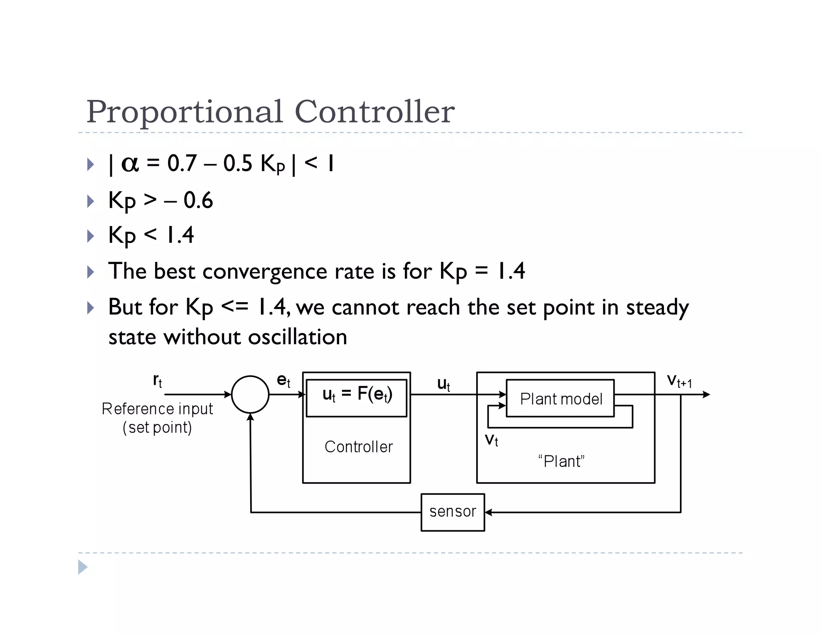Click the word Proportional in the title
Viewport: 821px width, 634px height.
(x=185, y=112)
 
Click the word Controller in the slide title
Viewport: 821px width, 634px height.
(x=374, y=111)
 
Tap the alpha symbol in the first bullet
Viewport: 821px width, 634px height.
(x=130, y=164)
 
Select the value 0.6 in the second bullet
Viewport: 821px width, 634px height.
(x=198, y=200)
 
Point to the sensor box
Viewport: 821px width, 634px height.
(x=453, y=512)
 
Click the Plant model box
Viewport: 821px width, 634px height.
(x=560, y=398)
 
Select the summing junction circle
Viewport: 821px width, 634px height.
(x=250, y=394)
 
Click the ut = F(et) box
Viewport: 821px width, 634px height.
(x=356, y=398)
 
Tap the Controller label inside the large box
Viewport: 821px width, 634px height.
(x=358, y=447)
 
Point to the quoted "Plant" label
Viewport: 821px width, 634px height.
(x=561, y=461)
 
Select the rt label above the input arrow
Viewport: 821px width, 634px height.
(x=158, y=380)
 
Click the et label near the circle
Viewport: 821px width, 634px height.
(x=283, y=380)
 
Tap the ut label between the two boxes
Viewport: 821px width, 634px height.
(x=443, y=384)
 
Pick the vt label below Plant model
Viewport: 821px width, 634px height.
(x=491, y=440)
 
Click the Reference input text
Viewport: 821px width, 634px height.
(x=157, y=409)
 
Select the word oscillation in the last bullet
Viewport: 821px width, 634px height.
(x=297, y=337)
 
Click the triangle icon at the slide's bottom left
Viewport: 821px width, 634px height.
(x=83, y=567)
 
